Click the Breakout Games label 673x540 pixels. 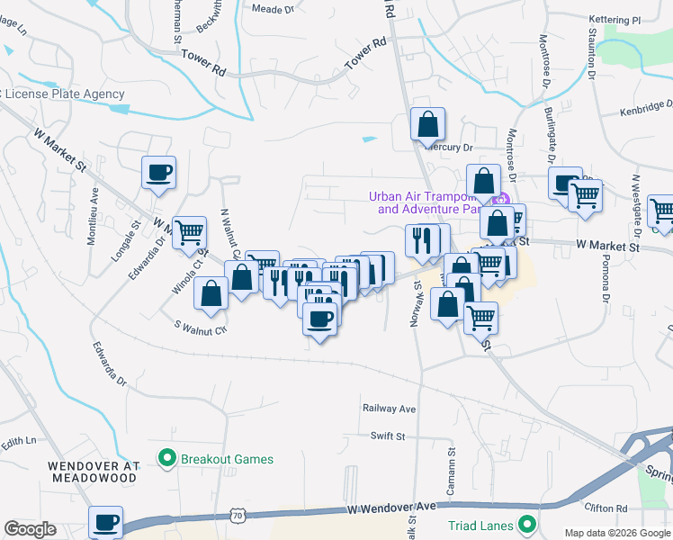pos(227,459)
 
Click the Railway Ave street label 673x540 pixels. pos(389,409)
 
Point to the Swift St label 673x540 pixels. pos(388,436)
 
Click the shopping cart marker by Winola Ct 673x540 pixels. pos(190,232)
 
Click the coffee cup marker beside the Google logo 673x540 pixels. pos(105,522)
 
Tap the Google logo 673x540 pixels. pos(30,529)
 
